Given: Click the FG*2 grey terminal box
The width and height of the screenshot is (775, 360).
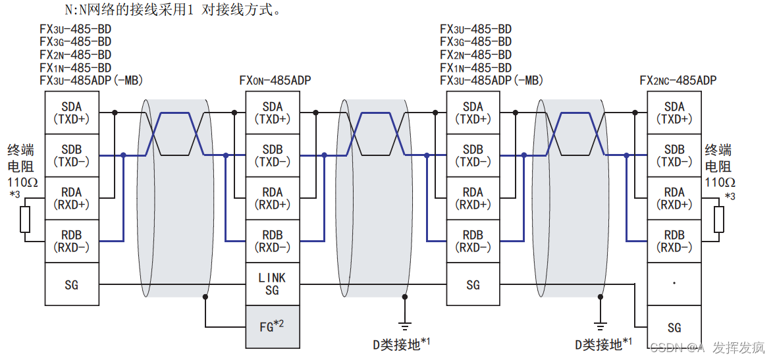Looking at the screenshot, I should tap(272, 326).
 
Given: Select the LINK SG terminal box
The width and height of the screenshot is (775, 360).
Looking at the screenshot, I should tap(272, 284).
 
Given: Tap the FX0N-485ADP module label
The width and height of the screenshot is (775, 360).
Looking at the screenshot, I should tap(275, 81).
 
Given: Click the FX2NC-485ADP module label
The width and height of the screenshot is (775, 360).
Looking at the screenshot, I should tap(678, 81).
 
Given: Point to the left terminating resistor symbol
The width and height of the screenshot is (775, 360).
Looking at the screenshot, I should tap(25, 219).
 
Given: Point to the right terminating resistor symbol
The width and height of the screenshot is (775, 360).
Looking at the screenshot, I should tap(719, 219).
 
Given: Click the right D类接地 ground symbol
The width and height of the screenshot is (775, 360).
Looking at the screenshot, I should tap(600, 324).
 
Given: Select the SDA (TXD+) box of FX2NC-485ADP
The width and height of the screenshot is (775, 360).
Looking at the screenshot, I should tap(674, 113).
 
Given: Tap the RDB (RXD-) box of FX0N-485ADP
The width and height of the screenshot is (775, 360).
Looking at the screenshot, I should tap(272, 241).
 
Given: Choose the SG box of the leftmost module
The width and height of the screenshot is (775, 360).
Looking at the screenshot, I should tap(72, 284).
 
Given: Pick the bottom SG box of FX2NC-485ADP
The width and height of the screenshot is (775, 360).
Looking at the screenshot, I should tap(674, 327).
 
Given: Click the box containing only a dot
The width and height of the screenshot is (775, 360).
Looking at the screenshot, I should tap(674, 284).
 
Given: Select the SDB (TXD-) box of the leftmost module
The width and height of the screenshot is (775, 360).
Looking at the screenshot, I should tap(72, 155).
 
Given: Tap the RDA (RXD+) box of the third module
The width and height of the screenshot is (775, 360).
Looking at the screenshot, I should tap(472, 198).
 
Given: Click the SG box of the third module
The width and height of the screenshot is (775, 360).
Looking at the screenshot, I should tap(472, 284).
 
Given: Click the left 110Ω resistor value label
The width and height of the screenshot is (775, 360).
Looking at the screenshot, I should tap(20, 182).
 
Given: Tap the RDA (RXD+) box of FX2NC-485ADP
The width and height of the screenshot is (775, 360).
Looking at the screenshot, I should tap(674, 198).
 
